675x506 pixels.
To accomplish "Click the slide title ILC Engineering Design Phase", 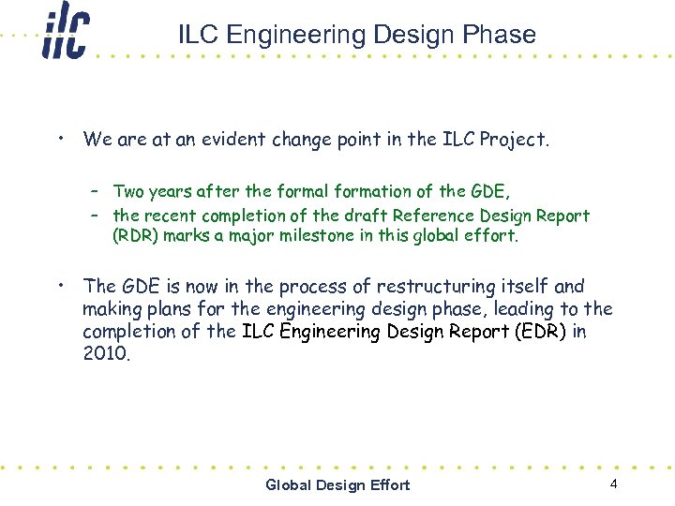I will tap(357, 35).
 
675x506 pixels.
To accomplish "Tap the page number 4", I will tap(613, 484).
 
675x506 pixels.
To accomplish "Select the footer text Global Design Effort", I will tap(337, 484).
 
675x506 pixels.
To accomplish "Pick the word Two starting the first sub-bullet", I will tap(128, 191).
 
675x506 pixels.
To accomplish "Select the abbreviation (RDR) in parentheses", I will tap(136, 235).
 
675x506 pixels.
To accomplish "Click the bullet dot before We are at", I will tap(59, 139).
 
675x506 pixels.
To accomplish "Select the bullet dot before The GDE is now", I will tap(59, 285).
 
